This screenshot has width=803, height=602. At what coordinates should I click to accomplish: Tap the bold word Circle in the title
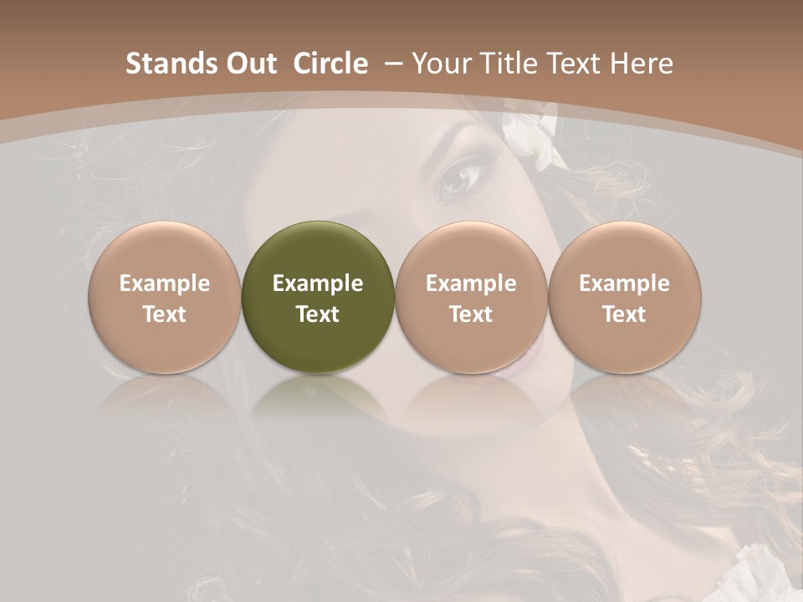coord(330,64)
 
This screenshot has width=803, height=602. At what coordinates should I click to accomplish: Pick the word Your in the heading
coord(440,64)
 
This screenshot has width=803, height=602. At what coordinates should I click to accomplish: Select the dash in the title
coord(393,64)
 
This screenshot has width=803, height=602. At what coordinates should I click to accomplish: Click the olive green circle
coord(318,297)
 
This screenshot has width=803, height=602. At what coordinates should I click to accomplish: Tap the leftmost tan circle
coord(165,297)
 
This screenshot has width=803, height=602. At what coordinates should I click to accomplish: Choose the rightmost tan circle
coord(625,297)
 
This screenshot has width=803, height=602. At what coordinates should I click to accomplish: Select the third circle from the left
coord(471,297)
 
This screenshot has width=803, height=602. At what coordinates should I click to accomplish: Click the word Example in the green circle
coord(318,283)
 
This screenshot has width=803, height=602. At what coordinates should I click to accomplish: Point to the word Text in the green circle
coord(318,314)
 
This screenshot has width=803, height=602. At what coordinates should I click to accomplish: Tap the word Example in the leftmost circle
coord(165,283)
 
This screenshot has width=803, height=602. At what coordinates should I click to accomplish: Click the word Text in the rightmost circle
coord(625,314)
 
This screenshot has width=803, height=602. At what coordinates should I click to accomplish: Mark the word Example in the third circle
coord(471,283)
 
